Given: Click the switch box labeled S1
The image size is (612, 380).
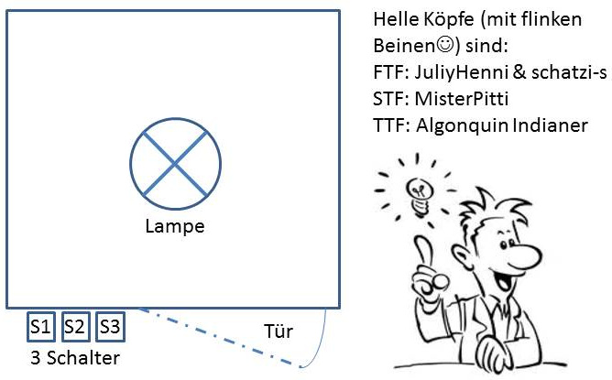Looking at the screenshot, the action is pyautogui.click(x=41, y=325).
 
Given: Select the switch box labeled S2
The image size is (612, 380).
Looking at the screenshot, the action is pyautogui.click(x=75, y=325).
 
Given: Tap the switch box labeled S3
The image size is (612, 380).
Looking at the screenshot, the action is pyautogui.click(x=110, y=325).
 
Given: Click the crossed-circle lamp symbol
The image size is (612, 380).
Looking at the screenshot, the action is pyautogui.click(x=175, y=165).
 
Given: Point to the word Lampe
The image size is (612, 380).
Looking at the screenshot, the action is pyautogui.click(x=175, y=226).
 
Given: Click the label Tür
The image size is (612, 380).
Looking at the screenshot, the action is pyautogui.click(x=278, y=331).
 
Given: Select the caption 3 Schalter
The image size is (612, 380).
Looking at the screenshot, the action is pyautogui.click(x=75, y=355).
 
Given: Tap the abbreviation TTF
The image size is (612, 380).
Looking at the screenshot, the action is pyautogui.click(x=390, y=124).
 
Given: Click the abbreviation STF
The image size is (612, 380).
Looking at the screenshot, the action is pyautogui.click(x=390, y=97).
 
